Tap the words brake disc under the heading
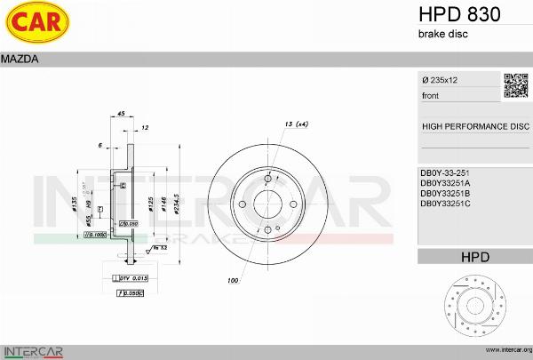click(x=442, y=34)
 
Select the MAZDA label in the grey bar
click(x=19, y=59)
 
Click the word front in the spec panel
click(x=430, y=95)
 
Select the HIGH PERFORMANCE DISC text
click(x=474, y=126)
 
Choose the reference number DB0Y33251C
click(x=445, y=204)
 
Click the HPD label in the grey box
click(x=474, y=257)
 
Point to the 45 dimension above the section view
click(x=122, y=113)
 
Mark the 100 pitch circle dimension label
click(x=233, y=281)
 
